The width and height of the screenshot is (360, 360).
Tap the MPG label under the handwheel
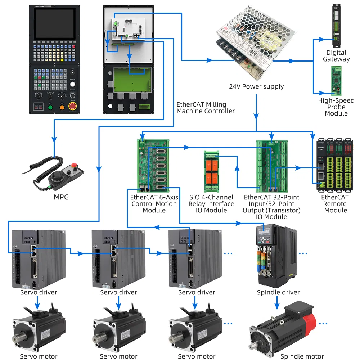click(x=61, y=197)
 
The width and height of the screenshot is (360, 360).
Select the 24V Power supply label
click(x=256, y=86)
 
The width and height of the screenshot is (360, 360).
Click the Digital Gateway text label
click(x=336, y=56)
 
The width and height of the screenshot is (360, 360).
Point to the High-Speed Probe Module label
click(x=336, y=107)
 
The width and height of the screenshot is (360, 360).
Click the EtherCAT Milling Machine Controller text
click(x=205, y=108)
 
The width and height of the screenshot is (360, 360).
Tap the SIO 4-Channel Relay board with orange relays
click(x=211, y=169)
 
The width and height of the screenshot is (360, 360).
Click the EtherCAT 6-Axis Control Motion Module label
click(x=154, y=204)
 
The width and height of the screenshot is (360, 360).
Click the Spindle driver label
click(x=278, y=292)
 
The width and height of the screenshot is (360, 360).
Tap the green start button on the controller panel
click(x=50, y=107)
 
